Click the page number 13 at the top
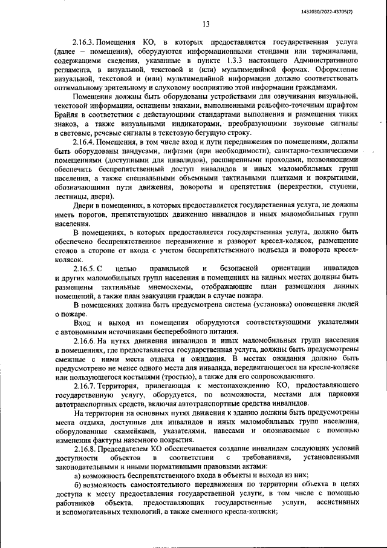point(206,25)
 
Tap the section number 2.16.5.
point(85,268)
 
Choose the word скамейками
point(130,432)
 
